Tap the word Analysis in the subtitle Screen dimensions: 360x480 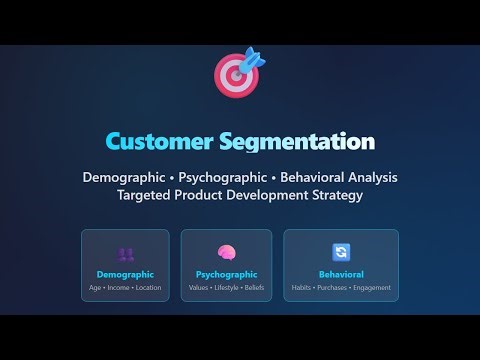pyautogui.click(x=367, y=177)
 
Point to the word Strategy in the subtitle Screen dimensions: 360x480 pyautogui.click(x=331, y=195)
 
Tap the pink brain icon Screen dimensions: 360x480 pyautogui.click(x=226, y=253)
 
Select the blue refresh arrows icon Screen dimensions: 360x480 pyautogui.click(x=340, y=253)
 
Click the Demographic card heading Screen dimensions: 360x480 pyautogui.click(x=125, y=274)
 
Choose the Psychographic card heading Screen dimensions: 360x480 pyautogui.click(x=226, y=274)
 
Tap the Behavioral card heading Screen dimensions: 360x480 pyautogui.click(x=340, y=274)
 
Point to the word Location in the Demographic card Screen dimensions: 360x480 pyautogui.click(x=148, y=288)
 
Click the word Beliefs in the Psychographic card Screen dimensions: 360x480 pyautogui.click(x=255, y=288)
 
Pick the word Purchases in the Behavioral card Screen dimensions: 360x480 pyautogui.click(x=335, y=288)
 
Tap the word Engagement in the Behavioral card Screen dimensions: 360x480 pyautogui.click(x=372, y=288)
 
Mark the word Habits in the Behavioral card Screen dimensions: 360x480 pyautogui.click(x=302, y=288)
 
